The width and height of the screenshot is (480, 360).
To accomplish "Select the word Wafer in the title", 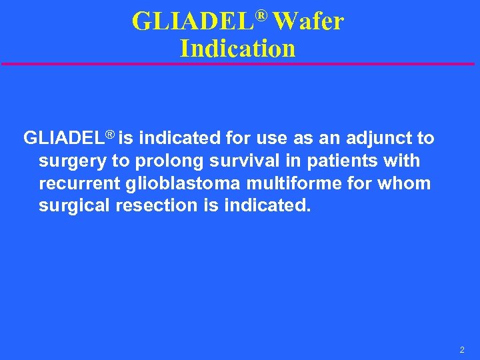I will pos(308,23).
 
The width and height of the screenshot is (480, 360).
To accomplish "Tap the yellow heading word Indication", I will pos(237,49).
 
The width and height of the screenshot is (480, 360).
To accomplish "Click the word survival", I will pos(241,161).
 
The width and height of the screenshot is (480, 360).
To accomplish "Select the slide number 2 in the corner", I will pos(461,349).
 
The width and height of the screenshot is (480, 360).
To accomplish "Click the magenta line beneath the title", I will pos(240,64).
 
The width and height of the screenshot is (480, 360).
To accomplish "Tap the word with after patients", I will pos(401,161).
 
